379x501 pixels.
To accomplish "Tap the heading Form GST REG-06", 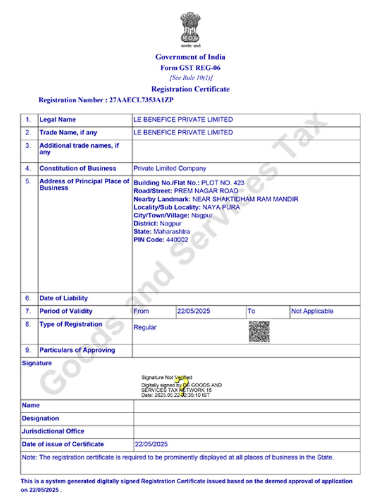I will (190, 68).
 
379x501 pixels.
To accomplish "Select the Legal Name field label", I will (57, 119).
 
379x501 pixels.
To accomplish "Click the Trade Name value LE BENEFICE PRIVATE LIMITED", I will (183, 133).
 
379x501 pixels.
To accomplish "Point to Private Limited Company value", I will (170, 169).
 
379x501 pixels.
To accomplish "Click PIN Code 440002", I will (160, 240).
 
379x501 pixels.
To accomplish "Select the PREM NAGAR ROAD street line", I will (186, 191).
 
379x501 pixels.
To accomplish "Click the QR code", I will (259, 331).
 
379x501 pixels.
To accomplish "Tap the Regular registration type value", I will (145, 327).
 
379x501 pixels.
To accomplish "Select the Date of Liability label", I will (64, 298).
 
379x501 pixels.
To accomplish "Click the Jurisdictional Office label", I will (53, 432).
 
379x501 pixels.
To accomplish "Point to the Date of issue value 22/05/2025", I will (152, 444).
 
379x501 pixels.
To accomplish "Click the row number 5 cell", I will (28, 181).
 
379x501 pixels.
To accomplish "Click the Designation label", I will (40, 418).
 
